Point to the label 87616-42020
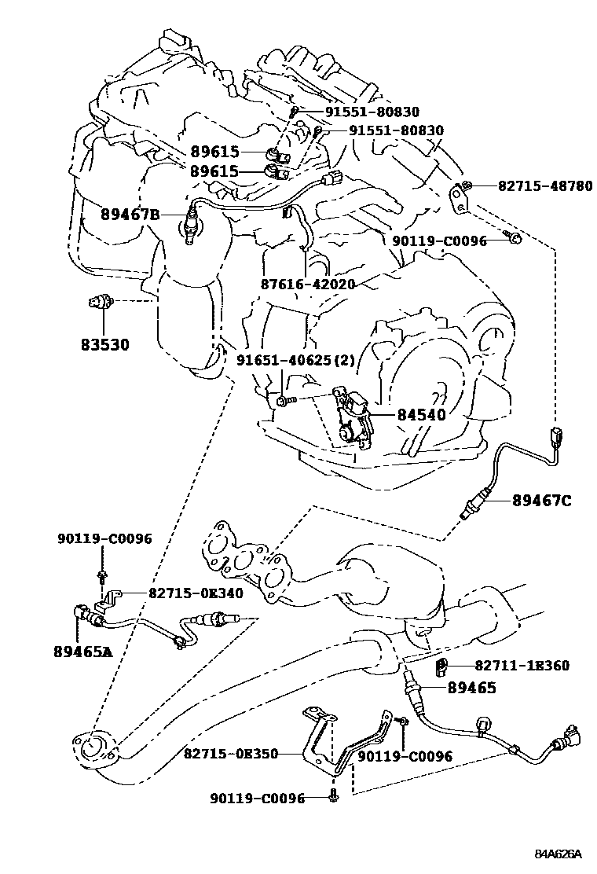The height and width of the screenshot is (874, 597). (x=309, y=284)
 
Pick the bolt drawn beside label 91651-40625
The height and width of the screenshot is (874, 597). (x=284, y=401)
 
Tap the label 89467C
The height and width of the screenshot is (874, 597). (x=542, y=499)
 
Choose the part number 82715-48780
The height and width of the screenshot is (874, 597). (x=544, y=186)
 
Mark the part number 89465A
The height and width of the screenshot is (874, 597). (x=83, y=651)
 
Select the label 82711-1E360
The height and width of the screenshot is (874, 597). (x=522, y=666)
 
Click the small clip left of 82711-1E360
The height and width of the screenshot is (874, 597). (x=441, y=668)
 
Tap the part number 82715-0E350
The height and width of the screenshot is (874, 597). (x=231, y=753)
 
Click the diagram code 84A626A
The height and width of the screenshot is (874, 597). (x=559, y=854)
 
